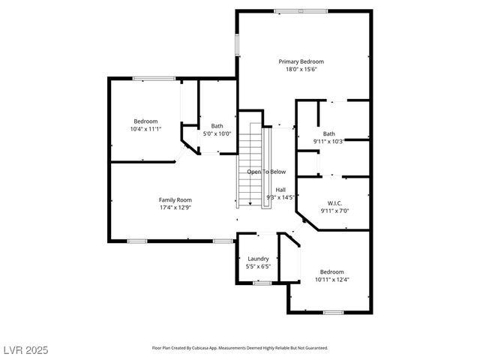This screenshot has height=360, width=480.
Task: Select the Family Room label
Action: click(x=175, y=199)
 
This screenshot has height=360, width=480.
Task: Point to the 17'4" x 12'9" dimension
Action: click(x=175, y=208)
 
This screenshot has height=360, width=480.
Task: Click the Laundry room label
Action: click(x=258, y=259)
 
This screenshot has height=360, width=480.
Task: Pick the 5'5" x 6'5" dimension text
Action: click(x=258, y=266)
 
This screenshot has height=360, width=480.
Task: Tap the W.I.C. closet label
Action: click(x=334, y=203)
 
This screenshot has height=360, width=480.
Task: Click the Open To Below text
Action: click(x=266, y=171)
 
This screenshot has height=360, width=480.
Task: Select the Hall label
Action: click(x=280, y=190)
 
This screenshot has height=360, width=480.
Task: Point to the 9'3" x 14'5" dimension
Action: click(x=280, y=197)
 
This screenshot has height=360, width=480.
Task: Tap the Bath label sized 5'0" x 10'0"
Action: click(x=217, y=126)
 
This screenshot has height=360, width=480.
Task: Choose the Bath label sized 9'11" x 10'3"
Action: click(x=328, y=133)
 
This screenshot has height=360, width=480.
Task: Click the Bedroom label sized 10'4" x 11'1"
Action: click(x=145, y=121)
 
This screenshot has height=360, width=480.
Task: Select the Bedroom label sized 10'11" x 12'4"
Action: click(x=331, y=271)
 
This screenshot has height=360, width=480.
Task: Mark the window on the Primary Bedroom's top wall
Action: click(x=300, y=10)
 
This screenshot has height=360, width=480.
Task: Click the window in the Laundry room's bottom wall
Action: click(x=261, y=283)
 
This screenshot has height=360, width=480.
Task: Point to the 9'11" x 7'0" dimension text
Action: click(x=334, y=211)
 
